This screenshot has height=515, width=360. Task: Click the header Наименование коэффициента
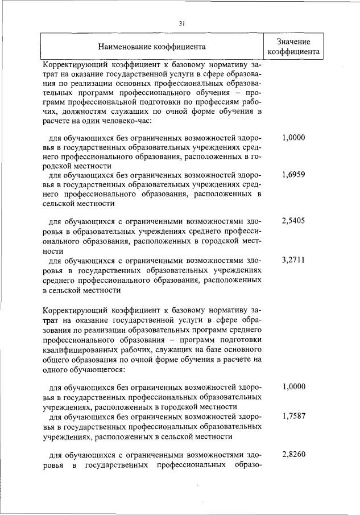[151, 46]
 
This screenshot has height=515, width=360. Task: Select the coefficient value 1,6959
[293, 175]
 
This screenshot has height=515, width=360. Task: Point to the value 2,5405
[293, 220]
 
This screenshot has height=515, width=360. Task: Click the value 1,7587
[293, 417]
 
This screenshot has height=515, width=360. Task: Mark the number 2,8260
[293, 455]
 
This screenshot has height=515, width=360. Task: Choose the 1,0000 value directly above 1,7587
[293, 387]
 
